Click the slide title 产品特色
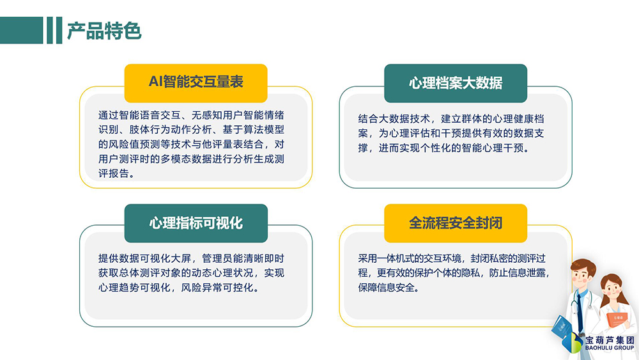click(104, 31)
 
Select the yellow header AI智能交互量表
click(196, 82)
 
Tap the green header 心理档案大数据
click(456, 82)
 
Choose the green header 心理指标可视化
click(196, 223)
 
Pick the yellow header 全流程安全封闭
click(456, 223)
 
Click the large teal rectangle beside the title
click(21, 30)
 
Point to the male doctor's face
click(581, 277)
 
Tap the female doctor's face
click(611, 288)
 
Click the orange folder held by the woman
click(617, 319)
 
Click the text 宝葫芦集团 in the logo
click(610, 340)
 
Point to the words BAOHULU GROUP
click(610, 348)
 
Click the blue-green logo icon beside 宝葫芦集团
click(573, 343)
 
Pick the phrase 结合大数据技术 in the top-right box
click(394, 119)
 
